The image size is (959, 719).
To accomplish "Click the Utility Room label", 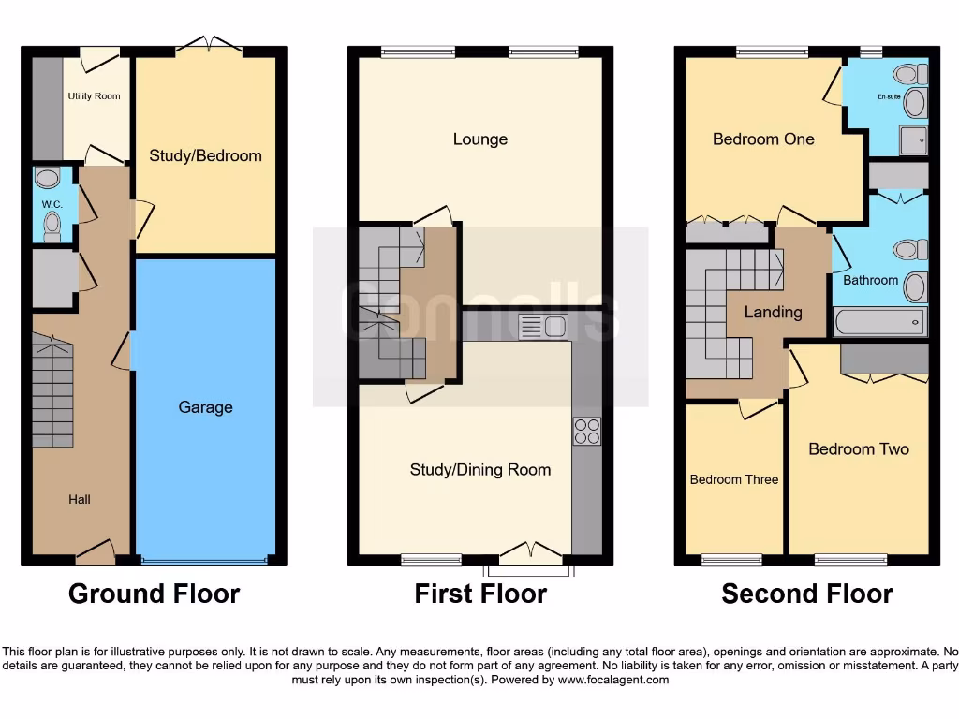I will (x=94, y=96).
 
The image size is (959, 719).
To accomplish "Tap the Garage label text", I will (x=205, y=407).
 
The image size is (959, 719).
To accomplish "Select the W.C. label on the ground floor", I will (x=51, y=204).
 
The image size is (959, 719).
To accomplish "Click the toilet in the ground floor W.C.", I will (x=52, y=225).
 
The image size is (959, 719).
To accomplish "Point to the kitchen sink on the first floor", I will (x=543, y=327).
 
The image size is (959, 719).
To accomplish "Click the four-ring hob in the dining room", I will (x=587, y=431).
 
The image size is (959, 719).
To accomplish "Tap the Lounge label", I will (x=480, y=139).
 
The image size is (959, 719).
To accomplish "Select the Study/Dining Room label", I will (x=480, y=470).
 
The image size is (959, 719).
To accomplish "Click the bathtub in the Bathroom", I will (x=879, y=323).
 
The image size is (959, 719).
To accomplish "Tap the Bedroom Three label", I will (x=734, y=479).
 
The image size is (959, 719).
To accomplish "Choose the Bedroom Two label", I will (x=859, y=449).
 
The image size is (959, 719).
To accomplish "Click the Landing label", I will (x=773, y=312).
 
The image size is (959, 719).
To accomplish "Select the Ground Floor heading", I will (x=155, y=594).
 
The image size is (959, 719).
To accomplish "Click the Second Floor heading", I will (x=806, y=594).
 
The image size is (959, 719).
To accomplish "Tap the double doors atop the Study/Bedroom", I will (x=210, y=45).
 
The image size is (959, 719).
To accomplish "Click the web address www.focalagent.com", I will (x=613, y=680).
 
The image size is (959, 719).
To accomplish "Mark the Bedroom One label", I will (x=763, y=139).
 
